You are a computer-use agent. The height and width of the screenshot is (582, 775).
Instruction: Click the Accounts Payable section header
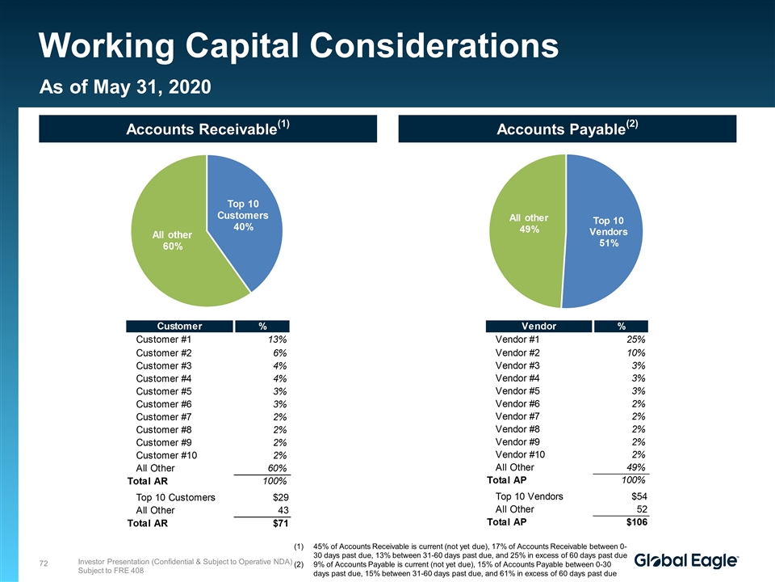[x=567, y=129]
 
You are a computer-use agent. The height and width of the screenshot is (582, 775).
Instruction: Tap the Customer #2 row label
[x=163, y=353]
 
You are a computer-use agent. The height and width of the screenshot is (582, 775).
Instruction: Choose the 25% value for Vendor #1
[x=635, y=340]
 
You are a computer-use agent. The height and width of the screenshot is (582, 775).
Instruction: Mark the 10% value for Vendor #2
[x=635, y=353]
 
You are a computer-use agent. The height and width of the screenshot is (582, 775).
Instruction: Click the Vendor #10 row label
[x=520, y=454]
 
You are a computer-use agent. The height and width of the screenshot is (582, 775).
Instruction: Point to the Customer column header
[x=178, y=326]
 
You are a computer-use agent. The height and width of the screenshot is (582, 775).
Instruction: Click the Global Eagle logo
[x=686, y=561]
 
